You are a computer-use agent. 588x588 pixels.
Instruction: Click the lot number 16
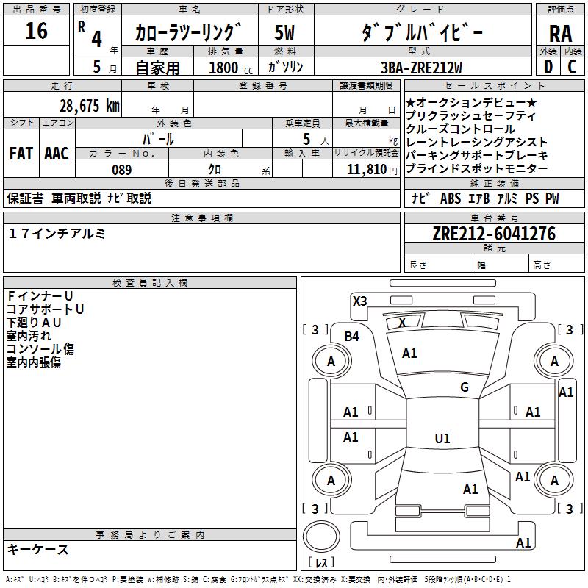[36, 32]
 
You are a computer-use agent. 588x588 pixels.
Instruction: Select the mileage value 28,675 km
[89, 105]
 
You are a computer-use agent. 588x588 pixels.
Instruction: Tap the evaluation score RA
[560, 34]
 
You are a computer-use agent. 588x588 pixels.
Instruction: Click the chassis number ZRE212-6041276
[494, 234]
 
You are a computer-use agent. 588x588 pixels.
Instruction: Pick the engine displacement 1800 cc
[223, 68]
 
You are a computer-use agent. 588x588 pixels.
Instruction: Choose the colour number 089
[121, 170]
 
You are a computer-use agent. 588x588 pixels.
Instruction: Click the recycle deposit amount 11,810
[365, 170]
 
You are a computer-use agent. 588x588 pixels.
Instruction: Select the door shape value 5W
[285, 32]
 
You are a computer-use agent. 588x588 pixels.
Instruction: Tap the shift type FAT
[21, 154]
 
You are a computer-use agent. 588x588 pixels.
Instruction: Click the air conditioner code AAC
[57, 154]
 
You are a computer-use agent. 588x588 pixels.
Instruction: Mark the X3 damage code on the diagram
[359, 301]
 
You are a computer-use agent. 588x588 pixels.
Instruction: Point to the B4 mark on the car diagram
[352, 337]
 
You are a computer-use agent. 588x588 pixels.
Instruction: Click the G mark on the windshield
[465, 387]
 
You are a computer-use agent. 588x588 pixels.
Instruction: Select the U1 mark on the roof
[442, 439]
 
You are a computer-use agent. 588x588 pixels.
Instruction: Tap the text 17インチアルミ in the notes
[57, 234]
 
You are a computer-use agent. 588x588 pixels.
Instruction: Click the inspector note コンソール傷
[40, 349]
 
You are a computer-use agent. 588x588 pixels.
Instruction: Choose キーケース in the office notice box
[38, 549]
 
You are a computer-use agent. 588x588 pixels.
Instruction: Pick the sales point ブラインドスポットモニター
[476, 168]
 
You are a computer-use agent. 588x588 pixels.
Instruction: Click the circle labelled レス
[321, 545]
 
